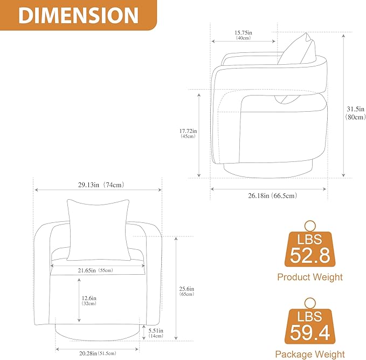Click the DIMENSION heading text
click(79, 16)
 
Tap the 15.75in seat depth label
click(243, 35)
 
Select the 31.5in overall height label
click(356, 113)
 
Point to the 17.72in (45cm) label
click(188, 133)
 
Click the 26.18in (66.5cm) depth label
click(272, 195)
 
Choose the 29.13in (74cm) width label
click(101, 185)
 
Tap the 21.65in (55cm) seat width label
click(95, 270)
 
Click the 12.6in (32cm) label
click(89, 301)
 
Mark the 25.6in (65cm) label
click(187, 291)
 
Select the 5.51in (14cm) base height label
click(156, 333)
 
